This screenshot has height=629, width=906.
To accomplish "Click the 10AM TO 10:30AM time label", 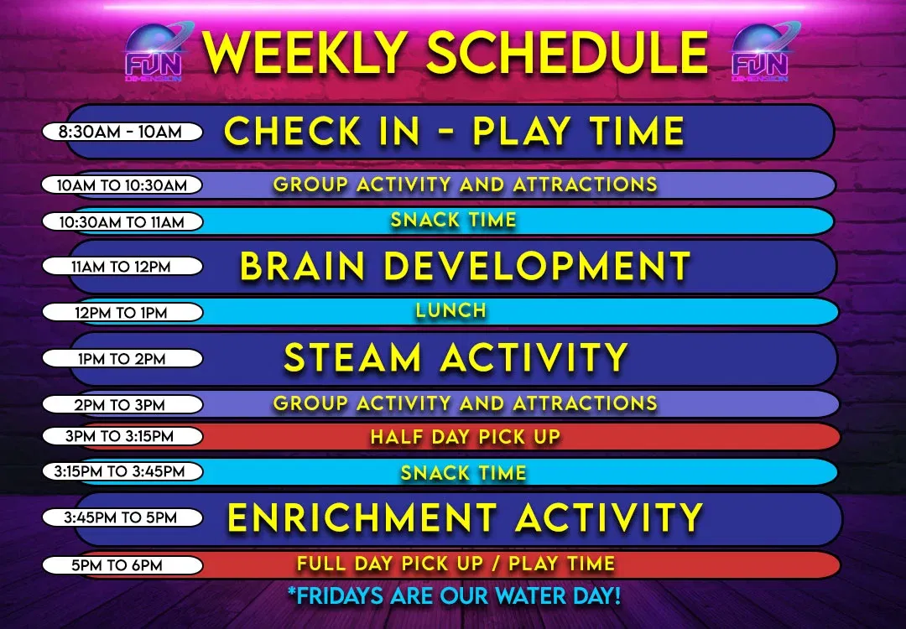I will coord(122,185).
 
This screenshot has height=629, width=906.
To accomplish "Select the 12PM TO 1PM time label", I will coord(122,313).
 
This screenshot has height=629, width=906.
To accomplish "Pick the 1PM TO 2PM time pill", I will coord(122,359).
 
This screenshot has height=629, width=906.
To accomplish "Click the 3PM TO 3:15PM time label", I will coord(122,436).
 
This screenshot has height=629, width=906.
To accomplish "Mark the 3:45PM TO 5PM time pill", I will coord(121,517).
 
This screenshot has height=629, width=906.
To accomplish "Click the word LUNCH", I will coord(451,310).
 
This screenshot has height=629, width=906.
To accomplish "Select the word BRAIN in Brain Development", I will coord(303,267).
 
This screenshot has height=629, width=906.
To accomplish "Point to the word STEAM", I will coord(352,358).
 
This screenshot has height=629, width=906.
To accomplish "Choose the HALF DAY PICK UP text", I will coord(465,437).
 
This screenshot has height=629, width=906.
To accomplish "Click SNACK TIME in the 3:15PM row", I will coord(463,472).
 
